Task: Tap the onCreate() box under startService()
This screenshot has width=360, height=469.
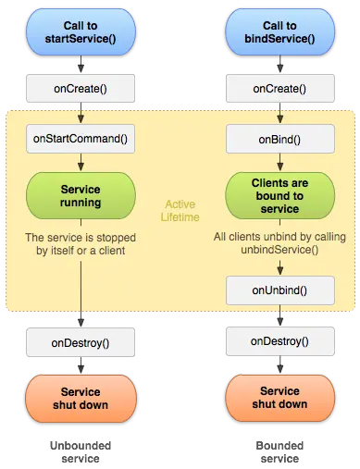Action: [81, 89]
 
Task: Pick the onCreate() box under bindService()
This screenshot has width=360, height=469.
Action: [279, 89]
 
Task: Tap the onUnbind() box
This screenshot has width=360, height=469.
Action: [279, 290]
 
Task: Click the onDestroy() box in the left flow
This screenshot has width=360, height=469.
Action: [81, 342]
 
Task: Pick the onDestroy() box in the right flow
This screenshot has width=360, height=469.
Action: [279, 341]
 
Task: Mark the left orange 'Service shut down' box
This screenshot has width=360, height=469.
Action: [81, 398]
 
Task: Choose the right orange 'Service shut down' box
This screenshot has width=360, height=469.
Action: [279, 398]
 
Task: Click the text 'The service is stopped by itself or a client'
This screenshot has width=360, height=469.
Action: [81, 241]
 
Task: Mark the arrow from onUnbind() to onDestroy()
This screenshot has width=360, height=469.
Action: [279, 316]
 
